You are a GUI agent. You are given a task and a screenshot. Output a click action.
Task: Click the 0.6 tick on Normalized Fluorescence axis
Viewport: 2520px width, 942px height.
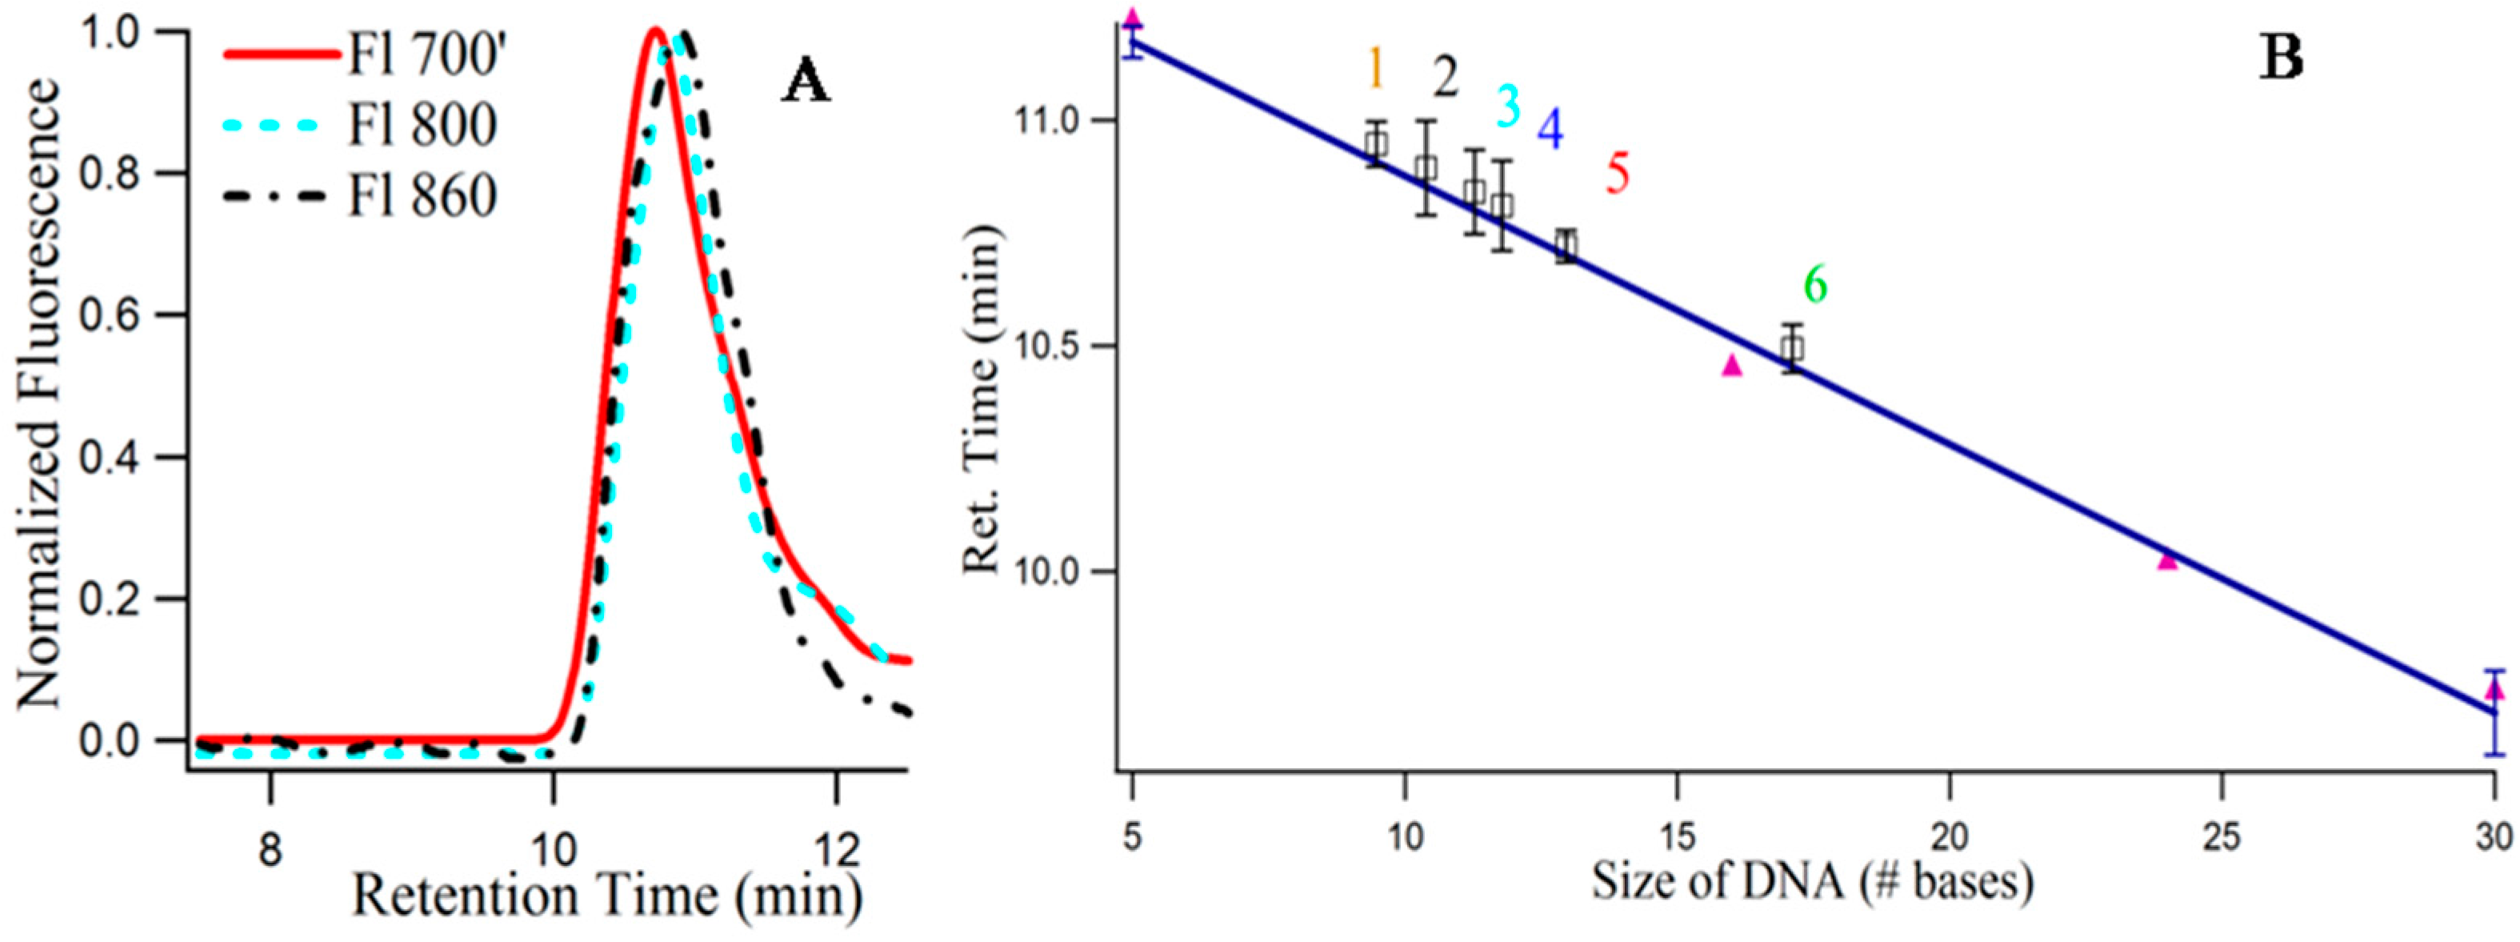pyautogui.click(x=119, y=315)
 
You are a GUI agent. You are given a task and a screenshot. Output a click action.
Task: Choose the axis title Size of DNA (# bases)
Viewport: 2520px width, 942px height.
pyautogui.click(x=1812, y=881)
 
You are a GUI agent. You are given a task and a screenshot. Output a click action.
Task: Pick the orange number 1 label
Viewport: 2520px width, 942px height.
pyautogui.click(x=1374, y=69)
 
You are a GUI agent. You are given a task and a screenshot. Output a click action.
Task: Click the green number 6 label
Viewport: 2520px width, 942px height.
pyautogui.click(x=1814, y=285)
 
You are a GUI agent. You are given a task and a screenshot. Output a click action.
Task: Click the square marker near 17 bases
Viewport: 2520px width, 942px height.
pyautogui.click(x=1791, y=347)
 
